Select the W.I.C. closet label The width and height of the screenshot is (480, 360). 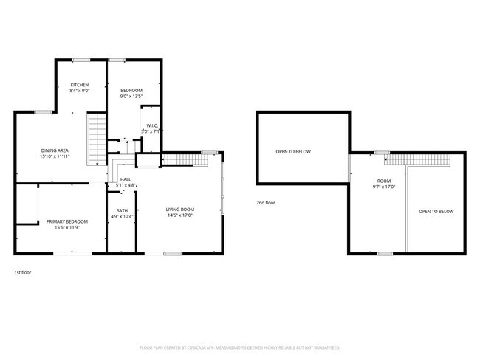(x=151, y=126)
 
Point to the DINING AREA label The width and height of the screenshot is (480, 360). (x=55, y=150)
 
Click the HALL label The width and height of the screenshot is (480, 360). (x=126, y=179)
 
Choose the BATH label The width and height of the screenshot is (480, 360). (x=122, y=211)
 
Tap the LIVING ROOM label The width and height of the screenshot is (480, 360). (x=179, y=210)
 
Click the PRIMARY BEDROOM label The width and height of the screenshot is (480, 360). (x=67, y=221)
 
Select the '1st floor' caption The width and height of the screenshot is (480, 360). (x=23, y=272)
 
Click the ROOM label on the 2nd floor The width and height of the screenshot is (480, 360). (x=384, y=181)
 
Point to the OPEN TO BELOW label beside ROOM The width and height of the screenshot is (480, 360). (x=436, y=212)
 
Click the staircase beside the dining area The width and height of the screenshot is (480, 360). (x=96, y=140)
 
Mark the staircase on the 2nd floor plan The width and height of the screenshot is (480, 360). (x=418, y=159)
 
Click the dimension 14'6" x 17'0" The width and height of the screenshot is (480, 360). (x=179, y=216)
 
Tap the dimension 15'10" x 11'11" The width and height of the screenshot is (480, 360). (x=55, y=156)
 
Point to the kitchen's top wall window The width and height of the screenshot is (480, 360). (x=80, y=60)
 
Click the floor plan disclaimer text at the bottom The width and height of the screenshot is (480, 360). (x=240, y=347)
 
